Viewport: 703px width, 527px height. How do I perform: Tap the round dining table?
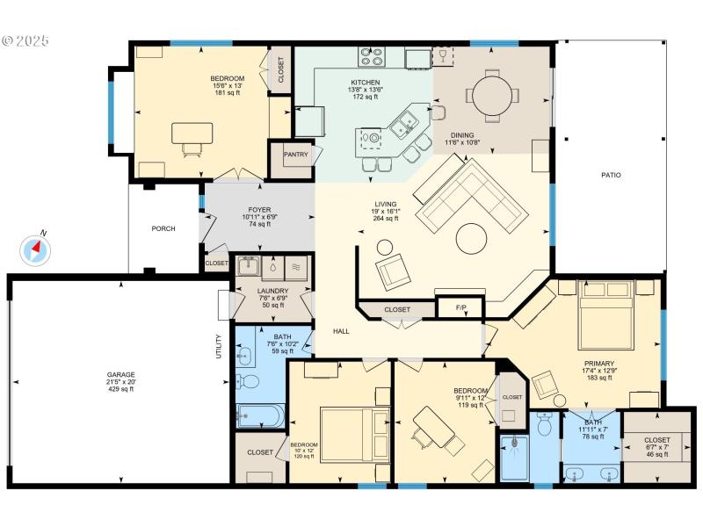492,94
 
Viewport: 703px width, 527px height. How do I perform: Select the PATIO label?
611,176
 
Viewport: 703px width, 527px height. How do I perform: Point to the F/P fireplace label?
460,309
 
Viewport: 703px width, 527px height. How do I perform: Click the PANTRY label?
295,154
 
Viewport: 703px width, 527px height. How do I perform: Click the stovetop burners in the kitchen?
372,57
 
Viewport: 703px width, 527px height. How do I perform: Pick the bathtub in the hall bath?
260,415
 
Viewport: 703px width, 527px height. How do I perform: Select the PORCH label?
163,228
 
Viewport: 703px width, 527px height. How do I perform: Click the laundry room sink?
245,267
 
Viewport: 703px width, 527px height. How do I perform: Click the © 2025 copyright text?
26,40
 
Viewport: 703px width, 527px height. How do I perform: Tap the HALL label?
342,332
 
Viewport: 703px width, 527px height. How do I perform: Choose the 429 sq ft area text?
120,389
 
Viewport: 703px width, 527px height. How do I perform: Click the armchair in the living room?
393,273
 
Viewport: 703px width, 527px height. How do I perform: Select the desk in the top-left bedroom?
192,134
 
